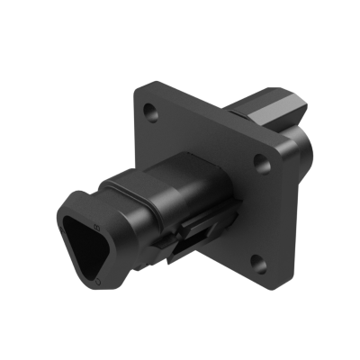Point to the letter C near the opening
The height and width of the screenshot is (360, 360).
96,283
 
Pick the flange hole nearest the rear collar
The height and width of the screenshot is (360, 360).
261,161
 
